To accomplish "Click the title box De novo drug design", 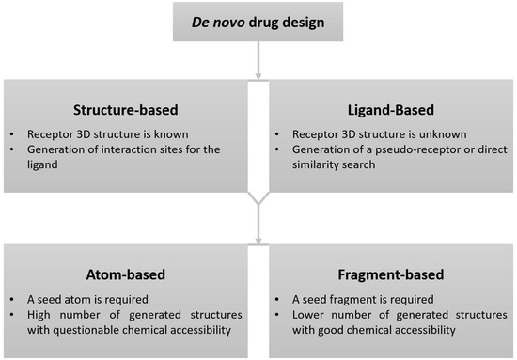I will (257, 21).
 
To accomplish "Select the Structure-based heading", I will (127, 107).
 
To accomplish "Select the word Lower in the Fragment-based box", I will (311, 315).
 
